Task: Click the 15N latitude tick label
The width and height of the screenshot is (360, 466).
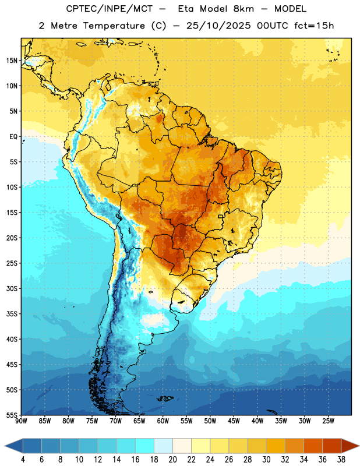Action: pyautogui.click(x=12, y=61)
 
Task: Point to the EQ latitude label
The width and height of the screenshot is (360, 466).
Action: pyautogui.click(x=13, y=137)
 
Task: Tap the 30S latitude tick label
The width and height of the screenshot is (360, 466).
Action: pyautogui.click(x=12, y=288)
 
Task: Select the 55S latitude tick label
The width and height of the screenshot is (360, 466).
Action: pyautogui.click(x=12, y=415)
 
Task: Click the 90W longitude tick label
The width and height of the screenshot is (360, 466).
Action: pyautogui.click(x=21, y=421)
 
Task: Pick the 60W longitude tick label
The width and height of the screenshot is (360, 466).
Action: pyautogui.click(x=163, y=421)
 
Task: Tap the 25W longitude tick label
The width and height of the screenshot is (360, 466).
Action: pyautogui.click(x=328, y=421)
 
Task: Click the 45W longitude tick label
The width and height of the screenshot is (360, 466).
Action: pyautogui.click(x=234, y=421)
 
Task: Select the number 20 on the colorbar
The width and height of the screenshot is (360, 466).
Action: pyautogui.click(x=172, y=460)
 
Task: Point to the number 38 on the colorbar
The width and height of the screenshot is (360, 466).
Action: pyautogui.click(x=341, y=460)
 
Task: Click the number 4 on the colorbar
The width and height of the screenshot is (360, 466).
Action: pyautogui.click(x=23, y=460)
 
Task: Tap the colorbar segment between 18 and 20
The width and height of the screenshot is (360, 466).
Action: pyautogui.click(x=163, y=446)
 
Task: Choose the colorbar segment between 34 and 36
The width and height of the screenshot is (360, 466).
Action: pyautogui.click(x=313, y=446)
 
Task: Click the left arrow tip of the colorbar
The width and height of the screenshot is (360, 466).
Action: pyautogui.click(x=5, y=446)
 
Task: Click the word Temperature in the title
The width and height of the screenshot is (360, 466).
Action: pyautogui.click(x=114, y=26)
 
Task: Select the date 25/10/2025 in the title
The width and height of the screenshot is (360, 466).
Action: pyautogui.click(x=218, y=26)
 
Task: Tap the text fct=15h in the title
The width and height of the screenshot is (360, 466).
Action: pyautogui.click(x=314, y=26)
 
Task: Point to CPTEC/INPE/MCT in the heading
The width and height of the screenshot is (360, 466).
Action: pyautogui.click(x=109, y=9)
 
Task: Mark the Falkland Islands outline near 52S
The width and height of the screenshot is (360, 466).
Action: pyautogui.click(x=165, y=398)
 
